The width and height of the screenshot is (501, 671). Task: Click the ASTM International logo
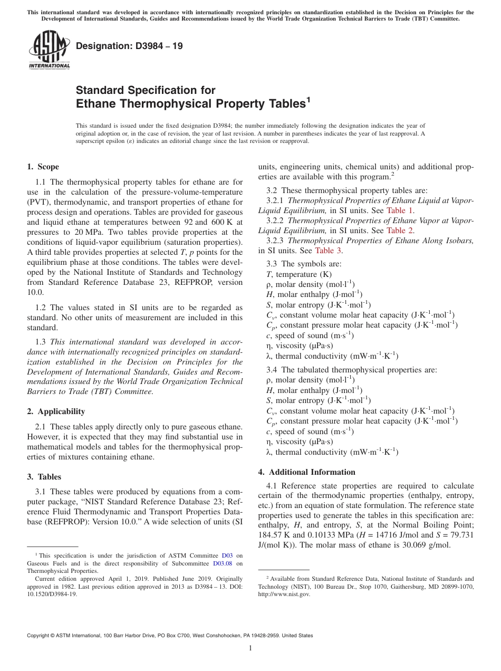tap(49, 50)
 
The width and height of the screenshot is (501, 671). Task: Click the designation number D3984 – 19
tap(129, 46)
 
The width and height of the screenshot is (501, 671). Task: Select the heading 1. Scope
tap(43, 167)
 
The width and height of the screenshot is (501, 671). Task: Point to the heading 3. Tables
tap(44, 477)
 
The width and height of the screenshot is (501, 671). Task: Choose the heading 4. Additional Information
tap(307, 472)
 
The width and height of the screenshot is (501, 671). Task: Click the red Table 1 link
tap(400, 210)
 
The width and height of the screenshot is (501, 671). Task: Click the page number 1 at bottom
tap(250, 648)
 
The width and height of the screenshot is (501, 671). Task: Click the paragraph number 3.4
tap(272, 370)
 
